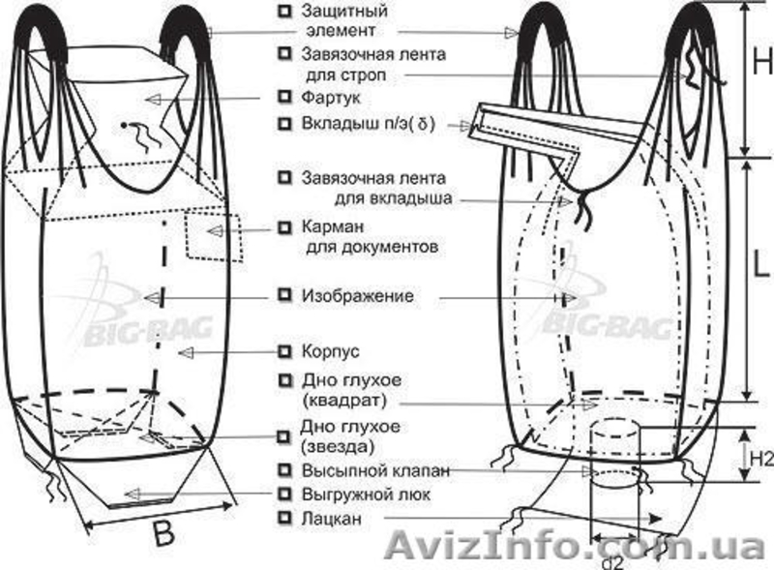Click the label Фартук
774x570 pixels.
pyautogui.click(x=329, y=98)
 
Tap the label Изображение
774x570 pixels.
pyautogui.click(x=358, y=295)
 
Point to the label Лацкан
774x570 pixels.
pyautogui.click(x=332, y=520)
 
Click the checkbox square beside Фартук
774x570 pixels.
pyautogui.click(x=283, y=98)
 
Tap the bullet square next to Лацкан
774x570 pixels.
pyautogui.click(x=283, y=520)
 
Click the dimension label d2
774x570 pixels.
pyautogui.click(x=611, y=559)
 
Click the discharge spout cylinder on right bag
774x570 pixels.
pyautogui.click(x=615, y=455)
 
